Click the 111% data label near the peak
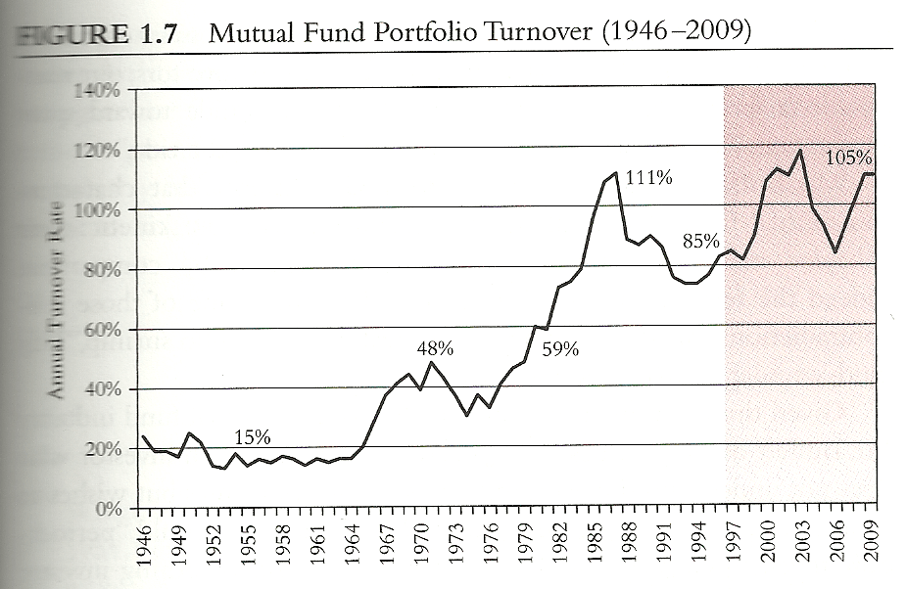click(x=648, y=180)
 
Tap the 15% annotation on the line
click(x=252, y=436)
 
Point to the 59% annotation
click(x=559, y=348)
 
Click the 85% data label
click(x=701, y=241)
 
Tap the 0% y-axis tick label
click(x=106, y=510)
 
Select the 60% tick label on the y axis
click(x=101, y=331)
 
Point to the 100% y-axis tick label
click(x=97, y=210)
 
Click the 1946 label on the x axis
click(x=144, y=542)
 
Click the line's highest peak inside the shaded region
click(x=801, y=150)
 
